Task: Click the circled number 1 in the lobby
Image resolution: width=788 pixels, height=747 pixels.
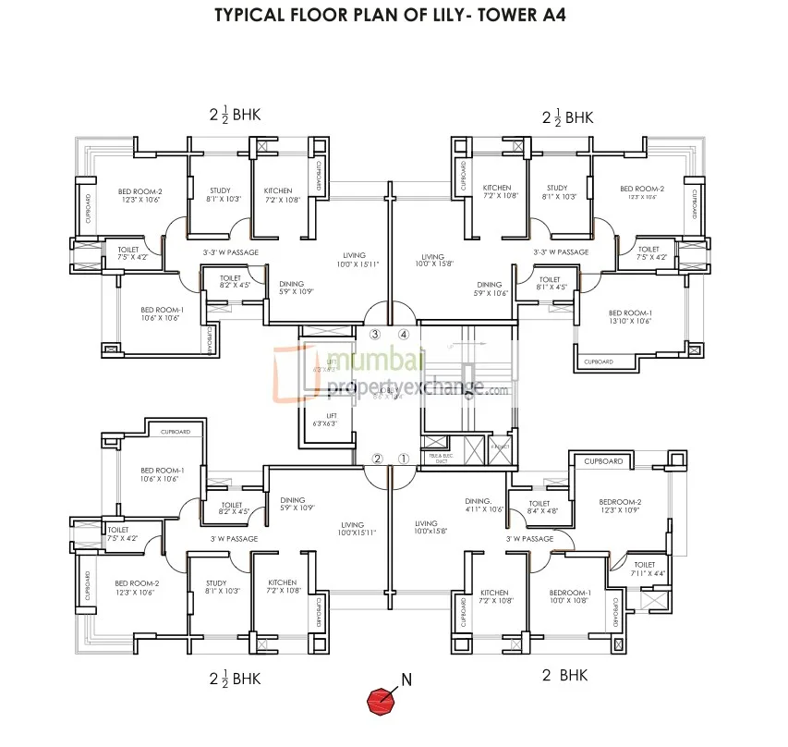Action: (403, 459)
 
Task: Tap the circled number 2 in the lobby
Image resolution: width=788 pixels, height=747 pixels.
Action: (377, 459)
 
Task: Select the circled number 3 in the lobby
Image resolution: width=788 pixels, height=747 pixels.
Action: (375, 334)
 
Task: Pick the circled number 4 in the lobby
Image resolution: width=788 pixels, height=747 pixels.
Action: (403, 334)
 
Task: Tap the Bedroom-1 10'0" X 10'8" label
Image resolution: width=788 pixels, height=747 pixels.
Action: (569, 597)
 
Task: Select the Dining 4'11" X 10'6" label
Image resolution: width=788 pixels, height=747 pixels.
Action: (483, 505)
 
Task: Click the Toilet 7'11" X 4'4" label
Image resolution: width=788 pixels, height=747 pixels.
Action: (644, 569)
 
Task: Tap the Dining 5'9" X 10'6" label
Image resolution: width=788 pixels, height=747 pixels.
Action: (489, 288)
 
